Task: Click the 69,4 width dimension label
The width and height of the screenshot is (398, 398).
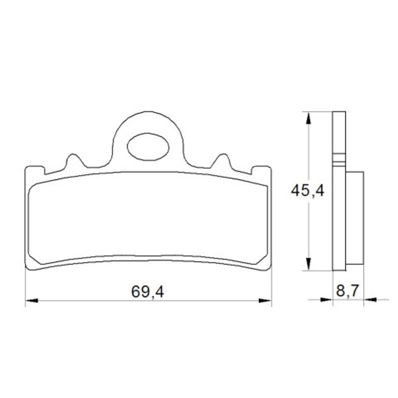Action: click(x=147, y=292)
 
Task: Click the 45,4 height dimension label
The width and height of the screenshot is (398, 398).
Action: click(x=307, y=190)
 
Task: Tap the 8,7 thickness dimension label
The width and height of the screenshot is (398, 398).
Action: click(x=347, y=291)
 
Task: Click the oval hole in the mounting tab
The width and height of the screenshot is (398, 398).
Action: click(x=148, y=147)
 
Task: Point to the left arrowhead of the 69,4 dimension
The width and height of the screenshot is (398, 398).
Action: click(x=32, y=300)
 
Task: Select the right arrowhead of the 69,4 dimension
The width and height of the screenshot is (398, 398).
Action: click(x=264, y=300)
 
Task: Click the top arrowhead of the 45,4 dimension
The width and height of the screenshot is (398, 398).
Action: click(x=308, y=119)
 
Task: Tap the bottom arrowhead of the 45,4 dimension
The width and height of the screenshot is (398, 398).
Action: click(x=308, y=264)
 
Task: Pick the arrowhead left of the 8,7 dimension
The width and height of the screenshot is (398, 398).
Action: click(x=326, y=300)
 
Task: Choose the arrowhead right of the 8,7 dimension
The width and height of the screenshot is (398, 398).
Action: click(x=370, y=300)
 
